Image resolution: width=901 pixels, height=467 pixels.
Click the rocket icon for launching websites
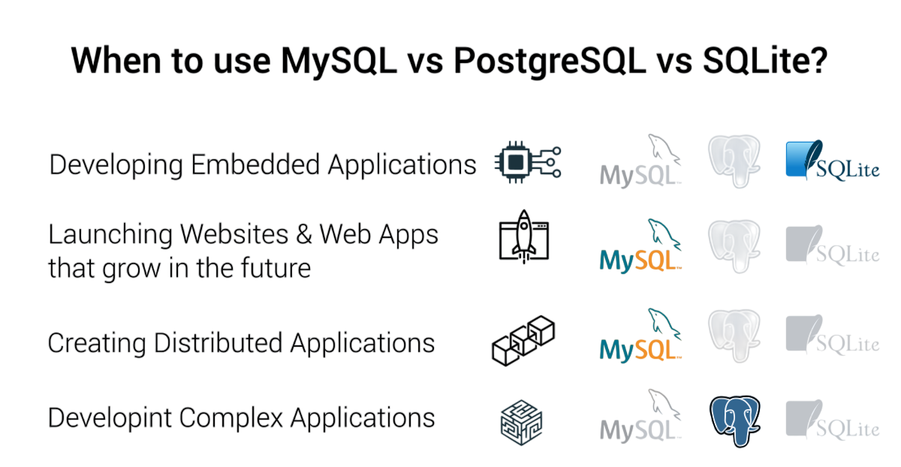click(523, 236)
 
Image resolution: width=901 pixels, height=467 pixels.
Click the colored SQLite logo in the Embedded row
click(831, 161)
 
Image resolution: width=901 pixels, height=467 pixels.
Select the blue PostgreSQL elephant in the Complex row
click(735, 419)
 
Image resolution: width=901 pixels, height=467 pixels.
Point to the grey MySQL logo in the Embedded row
click(640, 161)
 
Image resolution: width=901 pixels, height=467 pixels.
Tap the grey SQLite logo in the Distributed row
click(831, 335)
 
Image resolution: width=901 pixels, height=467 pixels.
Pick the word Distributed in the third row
click(218, 343)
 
